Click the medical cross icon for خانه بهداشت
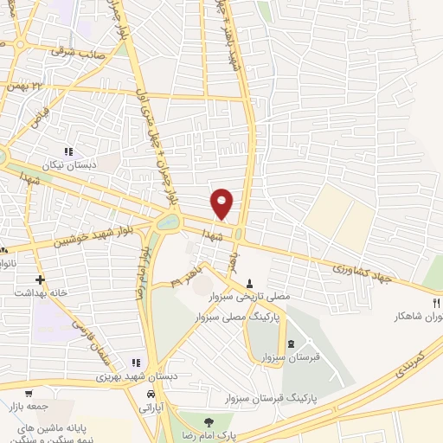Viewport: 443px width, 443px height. click(x=41, y=279)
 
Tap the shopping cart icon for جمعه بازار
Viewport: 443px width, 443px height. click(x=29, y=392)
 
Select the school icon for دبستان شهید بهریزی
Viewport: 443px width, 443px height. click(x=135, y=363)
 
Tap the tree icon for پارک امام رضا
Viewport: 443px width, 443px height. click(x=208, y=421)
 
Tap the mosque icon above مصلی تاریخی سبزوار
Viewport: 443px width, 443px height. click(x=251, y=283)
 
